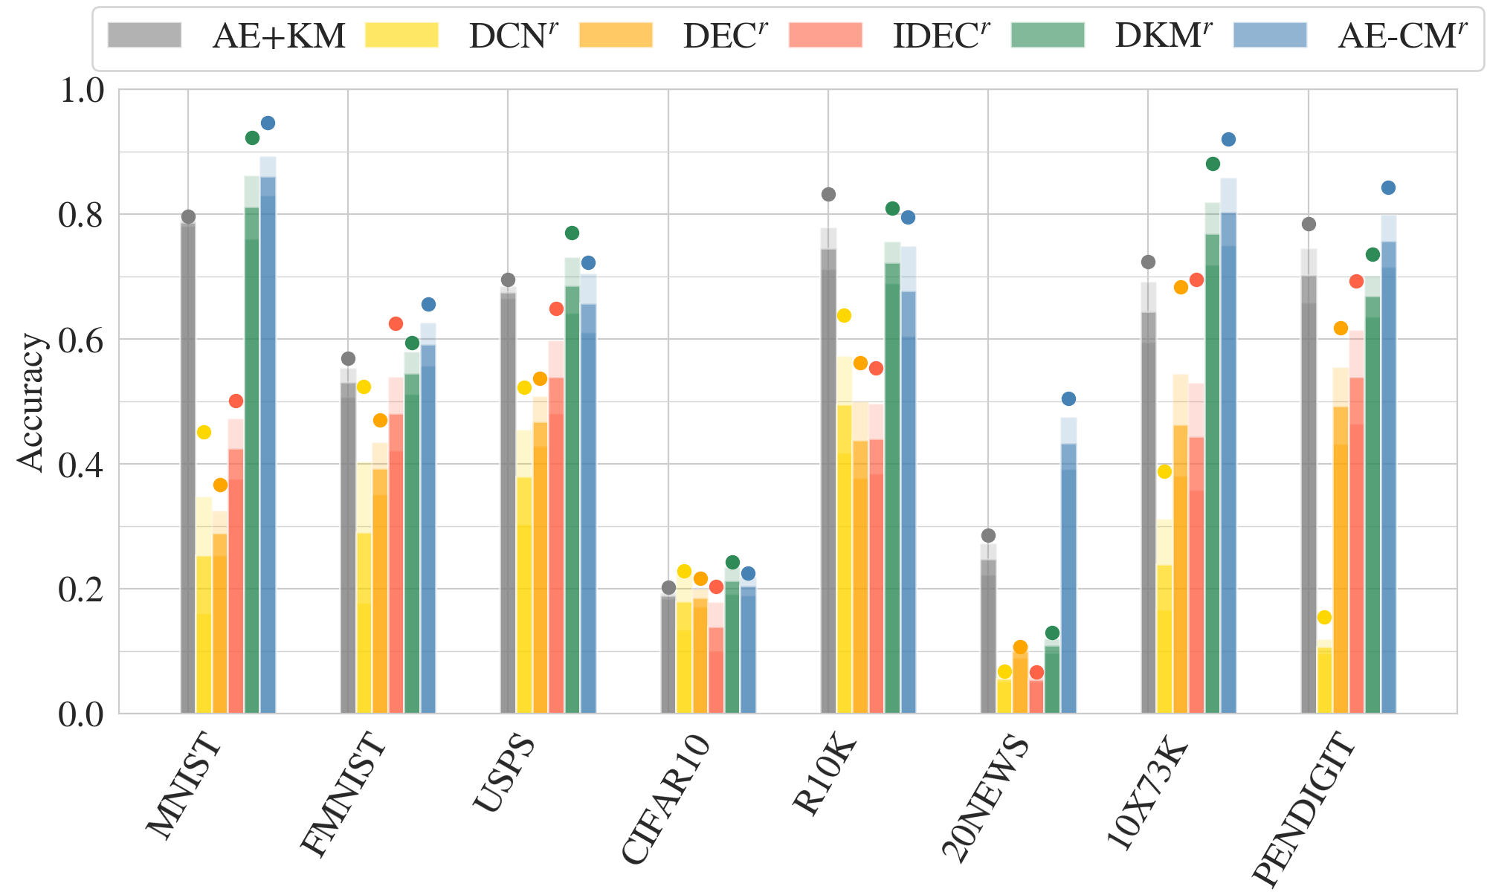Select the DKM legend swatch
pyautogui.click(x=1048, y=35)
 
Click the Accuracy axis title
pyautogui.click(x=31, y=401)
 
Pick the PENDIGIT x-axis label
pyautogui.click(x=1305, y=807)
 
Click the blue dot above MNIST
pyautogui.click(x=268, y=123)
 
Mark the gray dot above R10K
pyautogui.click(x=828, y=195)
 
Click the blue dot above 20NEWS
pyautogui.click(x=1068, y=399)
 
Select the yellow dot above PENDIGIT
pyautogui.click(x=1324, y=618)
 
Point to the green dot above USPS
pyautogui.click(x=572, y=233)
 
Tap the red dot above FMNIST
pyautogui.click(x=396, y=324)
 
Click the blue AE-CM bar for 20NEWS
pyautogui.click(x=1068, y=580)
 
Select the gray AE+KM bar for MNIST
pyautogui.click(x=188, y=468)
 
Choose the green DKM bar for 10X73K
pyautogui.click(x=1213, y=476)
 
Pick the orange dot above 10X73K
pyautogui.click(x=1181, y=288)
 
